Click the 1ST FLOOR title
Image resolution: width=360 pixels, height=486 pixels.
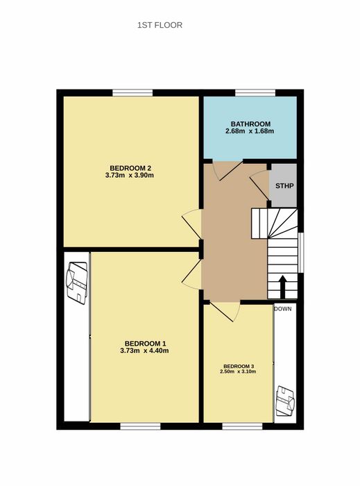(x=160, y=25)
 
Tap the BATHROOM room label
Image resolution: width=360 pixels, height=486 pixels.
(x=250, y=124)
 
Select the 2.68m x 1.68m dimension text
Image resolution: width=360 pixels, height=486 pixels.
(x=250, y=131)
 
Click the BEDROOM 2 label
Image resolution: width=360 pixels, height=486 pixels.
(x=130, y=168)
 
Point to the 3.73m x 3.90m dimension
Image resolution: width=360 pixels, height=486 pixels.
(x=130, y=176)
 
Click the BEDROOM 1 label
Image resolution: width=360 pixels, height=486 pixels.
(x=145, y=344)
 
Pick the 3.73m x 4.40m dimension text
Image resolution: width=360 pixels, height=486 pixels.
(x=144, y=351)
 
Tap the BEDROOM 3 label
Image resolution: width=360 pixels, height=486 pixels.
(x=239, y=367)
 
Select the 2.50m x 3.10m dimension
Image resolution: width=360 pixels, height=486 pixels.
(x=238, y=371)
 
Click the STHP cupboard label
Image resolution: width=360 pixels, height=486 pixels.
(x=284, y=186)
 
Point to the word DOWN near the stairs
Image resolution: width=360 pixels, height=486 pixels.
(x=282, y=309)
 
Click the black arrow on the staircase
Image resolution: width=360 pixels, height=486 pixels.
(x=282, y=286)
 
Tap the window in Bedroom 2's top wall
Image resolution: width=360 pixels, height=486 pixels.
(x=132, y=92)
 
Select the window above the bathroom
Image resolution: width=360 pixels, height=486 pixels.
(x=255, y=92)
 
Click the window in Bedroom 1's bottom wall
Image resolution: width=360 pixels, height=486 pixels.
(x=141, y=426)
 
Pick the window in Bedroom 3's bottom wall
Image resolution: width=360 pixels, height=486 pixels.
(x=242, y=426)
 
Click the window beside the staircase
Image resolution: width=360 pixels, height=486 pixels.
(x=300, y=253)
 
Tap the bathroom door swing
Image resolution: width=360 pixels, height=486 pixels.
(x=228, y=171)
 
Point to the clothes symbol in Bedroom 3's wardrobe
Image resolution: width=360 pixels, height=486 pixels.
(x=285, y=402)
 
